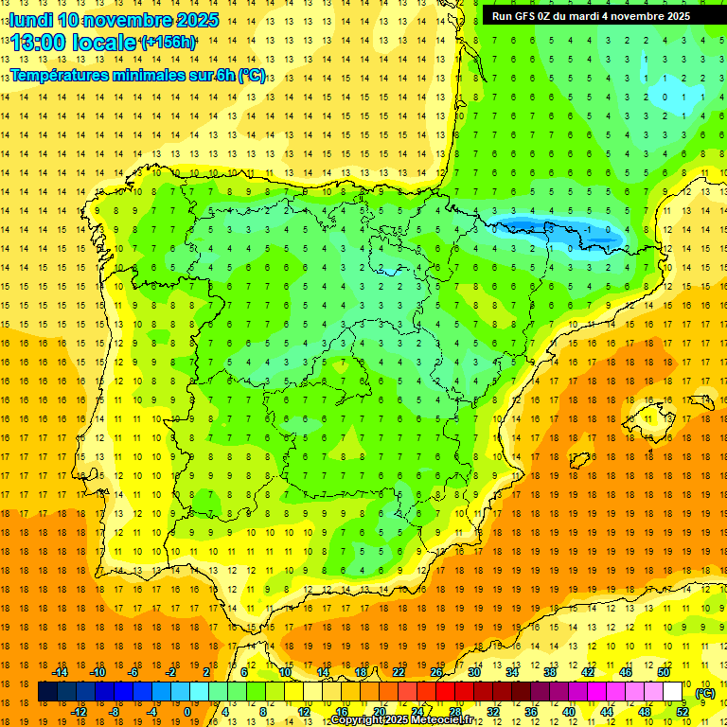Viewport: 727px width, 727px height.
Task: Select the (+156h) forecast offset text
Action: coord(168,43)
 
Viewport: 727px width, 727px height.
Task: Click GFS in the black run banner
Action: coord(529,16)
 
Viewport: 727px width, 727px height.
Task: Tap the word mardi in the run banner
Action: coord(594,16)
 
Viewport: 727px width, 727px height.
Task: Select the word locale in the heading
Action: coord(106,43)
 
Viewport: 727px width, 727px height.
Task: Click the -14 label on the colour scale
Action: coord(61,672)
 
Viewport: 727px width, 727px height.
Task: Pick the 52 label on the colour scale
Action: coord(683,712)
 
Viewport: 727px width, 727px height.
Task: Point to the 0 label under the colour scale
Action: coord(186,712)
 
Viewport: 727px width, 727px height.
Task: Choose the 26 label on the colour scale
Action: coord(436,672)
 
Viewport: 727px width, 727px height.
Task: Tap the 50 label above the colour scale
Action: coord(663,672)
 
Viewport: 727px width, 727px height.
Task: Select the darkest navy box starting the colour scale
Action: coord(47,692)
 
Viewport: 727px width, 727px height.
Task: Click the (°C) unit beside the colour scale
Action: coord(705,693)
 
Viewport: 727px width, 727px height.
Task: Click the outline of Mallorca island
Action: coord(659,414)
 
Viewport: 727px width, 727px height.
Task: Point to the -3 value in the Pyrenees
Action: coord(549,229)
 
